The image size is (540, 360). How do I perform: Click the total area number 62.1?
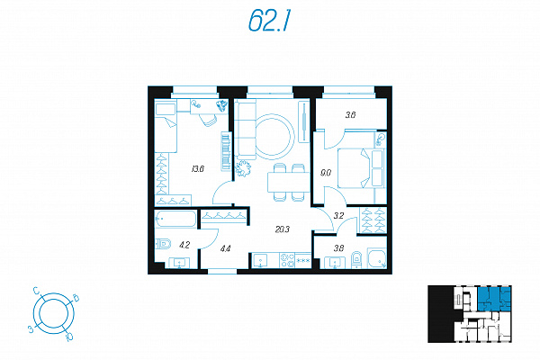point(270,21)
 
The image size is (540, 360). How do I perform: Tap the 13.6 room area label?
point(198,169)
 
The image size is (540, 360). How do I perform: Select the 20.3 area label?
point(283,229)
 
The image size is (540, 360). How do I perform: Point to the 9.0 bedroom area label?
point(326,173)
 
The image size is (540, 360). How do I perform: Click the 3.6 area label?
point(351,115)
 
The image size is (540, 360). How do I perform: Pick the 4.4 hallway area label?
point(226,248)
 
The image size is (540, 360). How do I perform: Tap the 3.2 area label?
point(339,216)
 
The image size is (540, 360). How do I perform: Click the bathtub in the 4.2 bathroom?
point(175,219)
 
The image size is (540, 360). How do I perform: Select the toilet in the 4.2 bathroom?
point(163,244)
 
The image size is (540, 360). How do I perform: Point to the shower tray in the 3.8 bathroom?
point(377,258)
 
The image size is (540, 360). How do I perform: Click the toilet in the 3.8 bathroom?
point(356,260)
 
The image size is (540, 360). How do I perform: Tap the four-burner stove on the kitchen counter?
point(287,260)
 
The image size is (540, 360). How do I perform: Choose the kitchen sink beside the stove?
point(261,260)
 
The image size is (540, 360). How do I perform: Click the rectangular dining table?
point(289,182)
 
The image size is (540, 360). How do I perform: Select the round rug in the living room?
point(274,137)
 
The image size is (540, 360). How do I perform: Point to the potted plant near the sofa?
point(243,169)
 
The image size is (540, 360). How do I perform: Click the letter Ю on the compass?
point(69,336)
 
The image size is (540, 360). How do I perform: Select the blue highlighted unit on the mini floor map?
point(494,299)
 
